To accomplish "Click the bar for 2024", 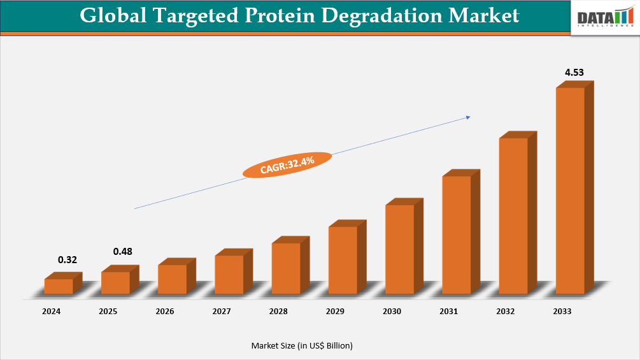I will click(x=59, y=286).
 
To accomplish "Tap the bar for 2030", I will click(x=400, y=249).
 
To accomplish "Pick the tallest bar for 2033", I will click(x=571, y=191).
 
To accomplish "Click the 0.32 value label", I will click(x=68, y=259).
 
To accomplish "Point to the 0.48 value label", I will click(x=123, y=252).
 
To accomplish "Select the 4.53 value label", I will click(x=574, y=73).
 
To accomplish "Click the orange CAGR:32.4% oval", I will click(x=287, y=164).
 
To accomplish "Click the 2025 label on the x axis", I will click(x=108, y=312).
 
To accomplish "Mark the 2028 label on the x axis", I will click(x=278, y=312).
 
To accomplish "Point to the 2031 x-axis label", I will click(x=449, y=312).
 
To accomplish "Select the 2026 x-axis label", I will click(x=165, y=312).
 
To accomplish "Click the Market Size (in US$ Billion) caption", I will click(x=302, y=345).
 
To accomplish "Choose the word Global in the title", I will click(x=113, y=15).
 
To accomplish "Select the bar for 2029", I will click(x=343, y=260).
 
